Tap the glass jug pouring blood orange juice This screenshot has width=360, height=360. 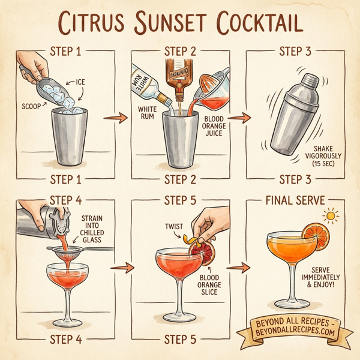213,90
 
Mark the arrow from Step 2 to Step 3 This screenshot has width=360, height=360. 238,118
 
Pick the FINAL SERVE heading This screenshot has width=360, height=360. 296,200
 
